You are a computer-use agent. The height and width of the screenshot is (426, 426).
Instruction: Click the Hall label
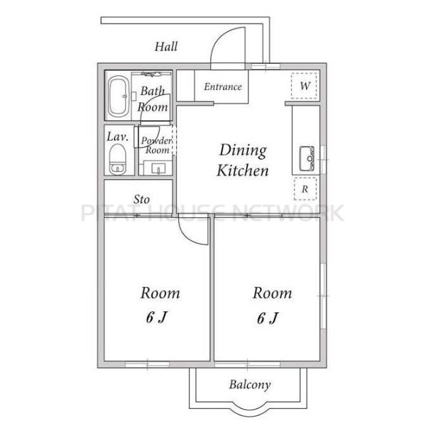click(x=166, y=46)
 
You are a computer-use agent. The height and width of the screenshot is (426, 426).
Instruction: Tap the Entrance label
click(x=223, y=87)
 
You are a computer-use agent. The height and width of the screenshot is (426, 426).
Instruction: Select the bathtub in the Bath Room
click(x=119, y=96)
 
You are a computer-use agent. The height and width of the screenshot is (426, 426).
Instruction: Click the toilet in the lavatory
click(x=118, y=160)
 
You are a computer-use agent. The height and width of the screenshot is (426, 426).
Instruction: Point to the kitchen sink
click(x=307, y=158)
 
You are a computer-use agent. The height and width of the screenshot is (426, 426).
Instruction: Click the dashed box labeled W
click(x=305, y=86)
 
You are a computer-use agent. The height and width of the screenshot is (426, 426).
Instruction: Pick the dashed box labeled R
click(x=305, y=189)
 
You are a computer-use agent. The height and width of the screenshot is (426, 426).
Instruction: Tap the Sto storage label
click(x=141, y=200)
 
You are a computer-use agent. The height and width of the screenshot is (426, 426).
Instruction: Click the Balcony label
click(x=250, y=385)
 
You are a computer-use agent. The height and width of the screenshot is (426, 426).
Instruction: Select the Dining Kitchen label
click(x=243, y=160)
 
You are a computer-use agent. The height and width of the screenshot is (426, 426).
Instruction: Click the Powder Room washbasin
click(x=158, y=168)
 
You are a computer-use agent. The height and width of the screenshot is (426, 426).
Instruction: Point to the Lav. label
click(x=117, y=136)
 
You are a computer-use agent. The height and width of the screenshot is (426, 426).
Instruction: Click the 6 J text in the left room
click(x=156, y=317)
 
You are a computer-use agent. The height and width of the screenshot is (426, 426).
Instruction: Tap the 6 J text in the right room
click(x=268, y=317)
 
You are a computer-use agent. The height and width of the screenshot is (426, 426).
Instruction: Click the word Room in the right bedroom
click(x=272, y=293)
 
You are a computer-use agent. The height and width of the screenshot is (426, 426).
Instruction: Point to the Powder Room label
click(x=156, y=146)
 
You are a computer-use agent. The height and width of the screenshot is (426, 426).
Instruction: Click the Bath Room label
click(x=153, y=99)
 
